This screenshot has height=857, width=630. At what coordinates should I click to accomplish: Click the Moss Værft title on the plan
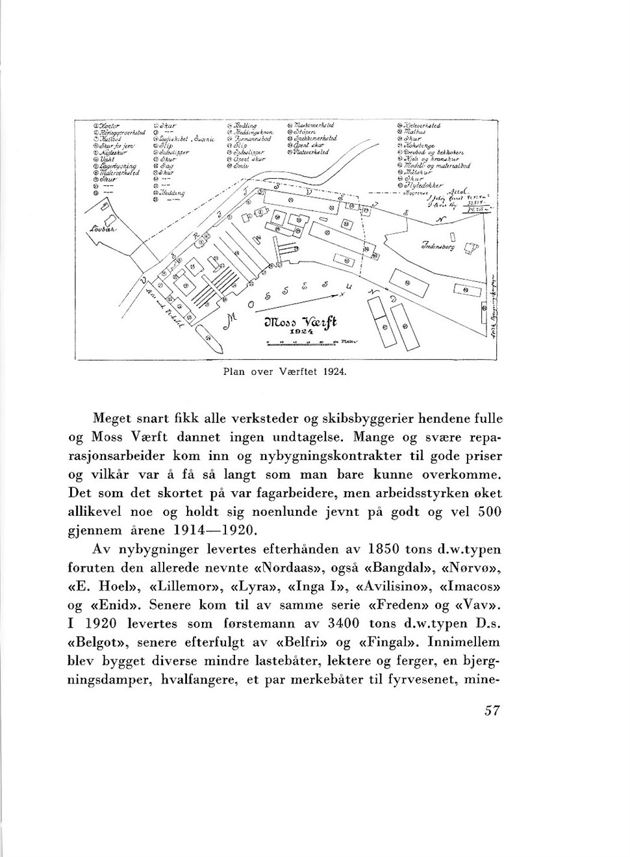pos(304,324)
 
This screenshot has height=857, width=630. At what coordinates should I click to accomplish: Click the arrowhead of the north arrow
pos(345,295)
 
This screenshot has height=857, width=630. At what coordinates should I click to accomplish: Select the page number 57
pos(492,710)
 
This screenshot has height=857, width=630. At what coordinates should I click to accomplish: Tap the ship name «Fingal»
pos(390,643)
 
